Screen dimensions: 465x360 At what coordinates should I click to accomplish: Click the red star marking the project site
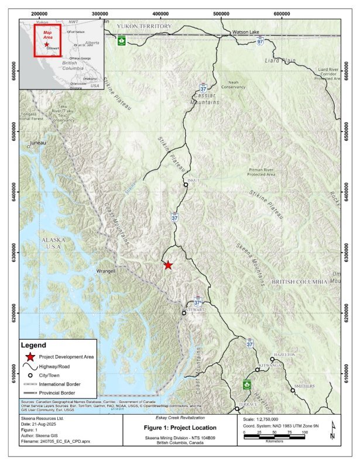click(x=168, y=265)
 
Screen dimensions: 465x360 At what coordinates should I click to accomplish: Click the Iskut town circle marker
click(x=186, y=185)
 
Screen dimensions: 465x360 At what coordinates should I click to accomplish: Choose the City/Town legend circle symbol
click(x=29, y=374)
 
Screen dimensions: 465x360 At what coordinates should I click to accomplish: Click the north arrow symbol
click(x=332, y=433)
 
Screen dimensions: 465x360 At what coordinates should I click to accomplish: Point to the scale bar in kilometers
click(x=274, y=437)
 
